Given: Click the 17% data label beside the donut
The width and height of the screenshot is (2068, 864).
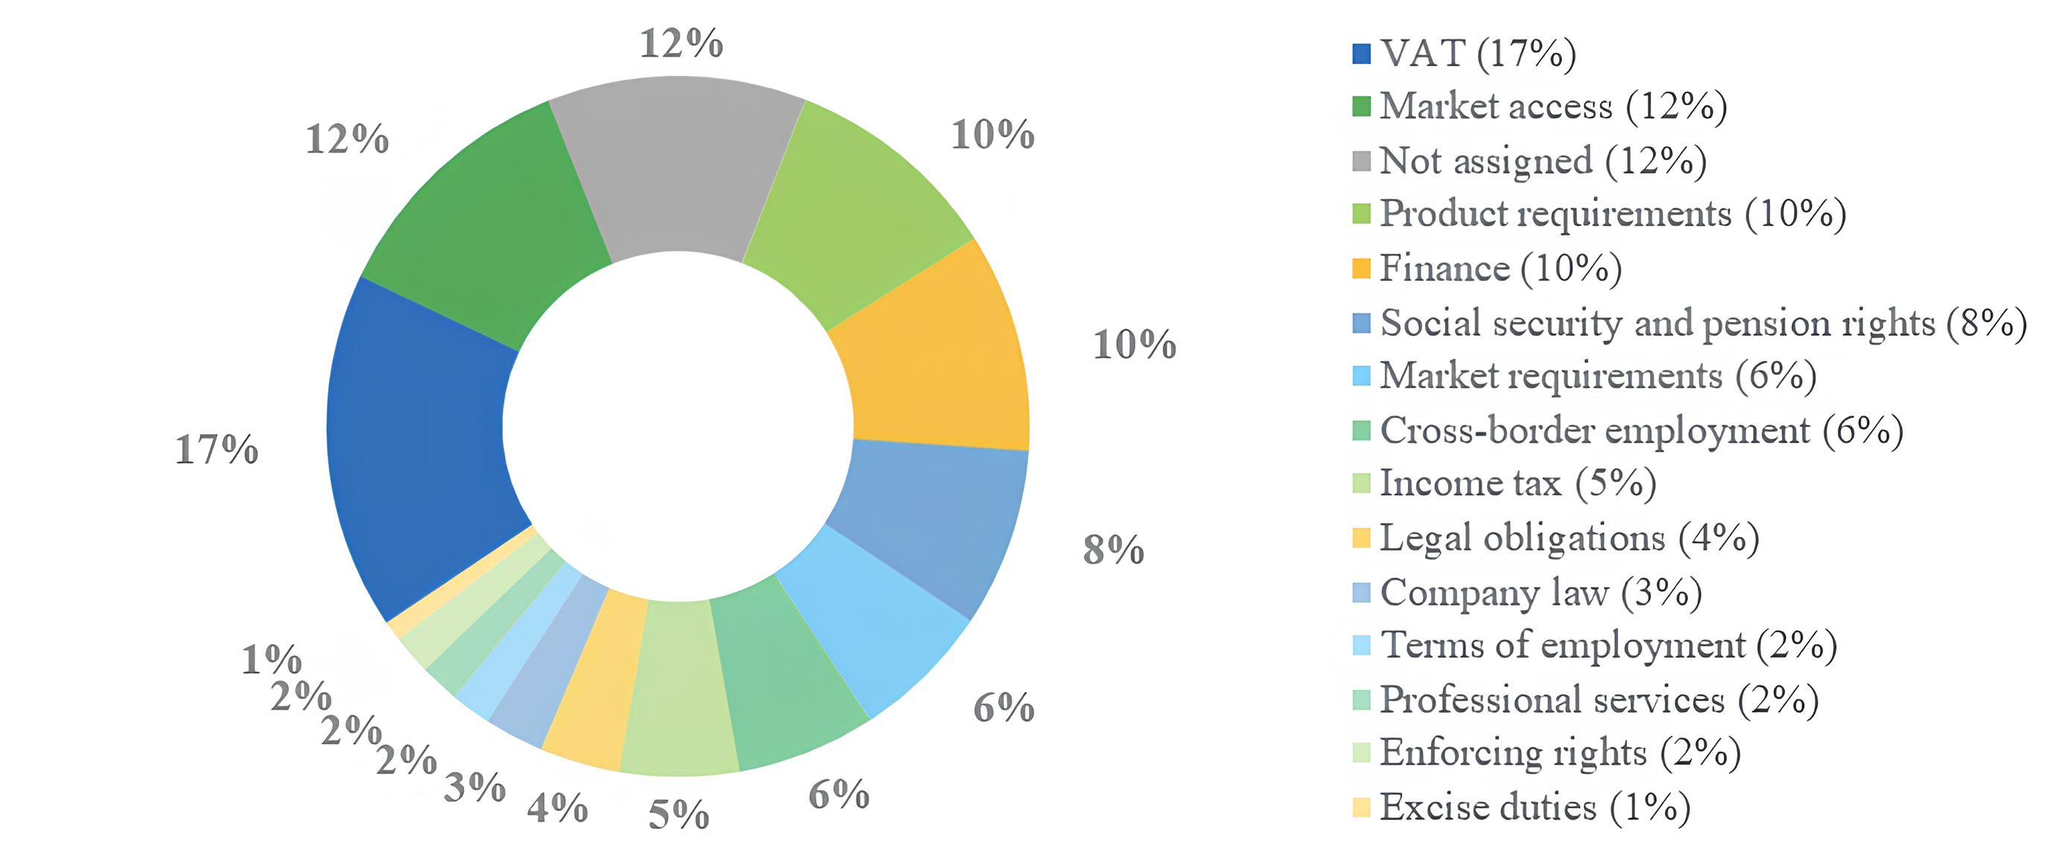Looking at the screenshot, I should click(x=217, y=450).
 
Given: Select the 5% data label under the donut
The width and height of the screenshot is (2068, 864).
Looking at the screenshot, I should click(x=679, y=815).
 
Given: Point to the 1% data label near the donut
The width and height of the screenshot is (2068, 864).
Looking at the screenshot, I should click(x=271, y=660).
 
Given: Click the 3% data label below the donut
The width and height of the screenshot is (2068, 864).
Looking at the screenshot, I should click(x=475, y=788).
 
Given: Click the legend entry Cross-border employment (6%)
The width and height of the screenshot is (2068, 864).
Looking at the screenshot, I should click(x=1641, y=431).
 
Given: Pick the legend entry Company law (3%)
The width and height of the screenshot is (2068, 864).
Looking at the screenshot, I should click(x=1540, y=594).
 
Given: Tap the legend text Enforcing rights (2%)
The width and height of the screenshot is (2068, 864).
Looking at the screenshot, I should click(x=1559, y=753).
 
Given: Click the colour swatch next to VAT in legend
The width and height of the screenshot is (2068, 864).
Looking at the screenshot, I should click(x=1362, y=54).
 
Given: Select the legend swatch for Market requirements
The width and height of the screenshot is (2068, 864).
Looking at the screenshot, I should click(x=1362, y=377).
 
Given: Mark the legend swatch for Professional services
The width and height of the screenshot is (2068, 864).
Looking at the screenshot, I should click(x=1362, y=700).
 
